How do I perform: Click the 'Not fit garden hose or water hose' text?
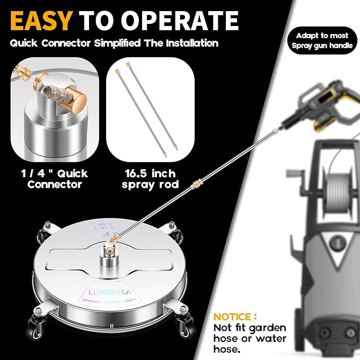pyautogui.click(x=249, y=338)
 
